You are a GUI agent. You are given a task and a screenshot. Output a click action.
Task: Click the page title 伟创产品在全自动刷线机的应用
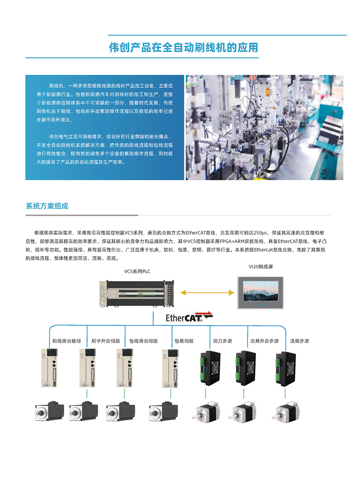click(183, 47)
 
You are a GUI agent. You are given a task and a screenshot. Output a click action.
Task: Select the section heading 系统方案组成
click(47, 206)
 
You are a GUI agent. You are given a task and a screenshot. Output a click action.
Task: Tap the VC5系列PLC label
click(137, 272)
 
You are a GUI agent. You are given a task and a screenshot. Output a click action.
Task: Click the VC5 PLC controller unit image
click(137, 293)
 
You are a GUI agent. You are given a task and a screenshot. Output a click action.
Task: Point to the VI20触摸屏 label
click(261, 267)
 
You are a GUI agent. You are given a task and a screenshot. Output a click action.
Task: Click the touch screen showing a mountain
click(260, 293)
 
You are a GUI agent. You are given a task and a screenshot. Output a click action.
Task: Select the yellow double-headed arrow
click(207, 293)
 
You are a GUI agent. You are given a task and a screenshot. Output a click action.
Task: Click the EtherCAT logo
click(189, 318)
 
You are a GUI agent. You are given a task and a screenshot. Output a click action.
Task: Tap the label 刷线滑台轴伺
click(66, 341)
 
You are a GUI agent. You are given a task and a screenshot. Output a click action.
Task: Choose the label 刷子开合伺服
click(106, 341)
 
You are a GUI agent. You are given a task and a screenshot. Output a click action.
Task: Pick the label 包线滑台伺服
click(143, 341)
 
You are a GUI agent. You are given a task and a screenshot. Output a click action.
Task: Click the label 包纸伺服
click(184, 341)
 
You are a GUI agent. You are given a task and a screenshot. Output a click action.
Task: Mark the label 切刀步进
click(222, 341)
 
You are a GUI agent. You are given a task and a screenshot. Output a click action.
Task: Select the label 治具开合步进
click(264, 341)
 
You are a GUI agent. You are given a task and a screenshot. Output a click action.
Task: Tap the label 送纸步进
click(299, 341)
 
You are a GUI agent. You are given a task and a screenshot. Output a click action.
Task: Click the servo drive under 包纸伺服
click(170, 369)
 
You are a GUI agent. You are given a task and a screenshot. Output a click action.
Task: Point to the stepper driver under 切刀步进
click(210, 368)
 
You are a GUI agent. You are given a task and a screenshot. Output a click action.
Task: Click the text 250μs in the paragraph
click(260, 233)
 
